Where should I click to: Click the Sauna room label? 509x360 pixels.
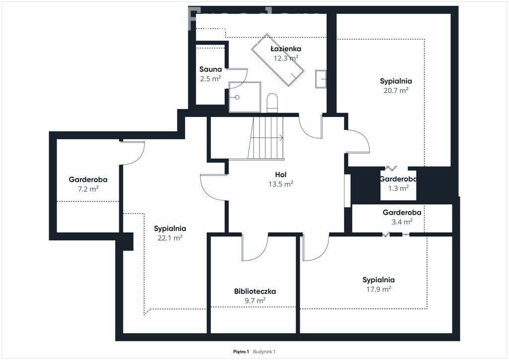tap(210, 69)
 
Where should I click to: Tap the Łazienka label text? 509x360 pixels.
tap(286, 49)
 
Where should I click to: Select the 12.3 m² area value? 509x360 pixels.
tap(286, 58)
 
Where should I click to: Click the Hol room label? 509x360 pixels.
tap(280, 175)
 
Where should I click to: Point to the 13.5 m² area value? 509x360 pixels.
tap(281, 184)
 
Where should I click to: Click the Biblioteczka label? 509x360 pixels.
tap(255, 291)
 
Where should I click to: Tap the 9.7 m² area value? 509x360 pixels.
tap(255, 301)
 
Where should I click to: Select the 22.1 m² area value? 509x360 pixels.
tap(170, 238)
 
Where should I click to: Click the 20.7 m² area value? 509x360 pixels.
tap(396, 90)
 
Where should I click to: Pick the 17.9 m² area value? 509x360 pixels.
tap(378, 289)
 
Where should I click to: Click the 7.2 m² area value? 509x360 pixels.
tap(88, 189)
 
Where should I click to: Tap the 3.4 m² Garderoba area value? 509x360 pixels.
tap(402, 222)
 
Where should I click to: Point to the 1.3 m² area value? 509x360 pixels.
tap(398, 188)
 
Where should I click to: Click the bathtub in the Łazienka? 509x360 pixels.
tap(277, 60)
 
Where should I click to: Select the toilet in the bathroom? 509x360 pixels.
tap(272, 103)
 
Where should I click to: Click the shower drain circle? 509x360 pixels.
tap(237, 97)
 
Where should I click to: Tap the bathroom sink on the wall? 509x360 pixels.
tap(321, 79)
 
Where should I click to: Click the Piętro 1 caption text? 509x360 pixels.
tap(241, 352)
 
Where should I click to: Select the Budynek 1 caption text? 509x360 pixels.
tap(264, 352)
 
